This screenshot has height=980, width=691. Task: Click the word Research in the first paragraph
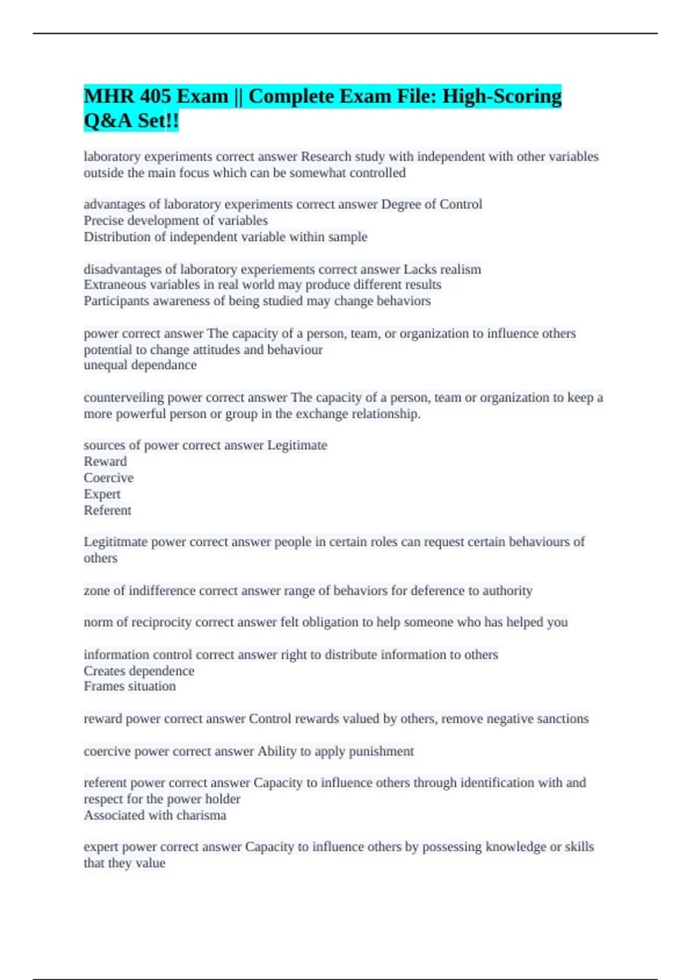click(326, 157)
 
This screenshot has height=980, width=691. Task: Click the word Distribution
click(117, 237)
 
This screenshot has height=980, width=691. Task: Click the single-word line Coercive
click(108, 478)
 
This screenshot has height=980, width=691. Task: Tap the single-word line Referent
click(108, 510)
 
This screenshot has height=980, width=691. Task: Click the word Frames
click(102, 687)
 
